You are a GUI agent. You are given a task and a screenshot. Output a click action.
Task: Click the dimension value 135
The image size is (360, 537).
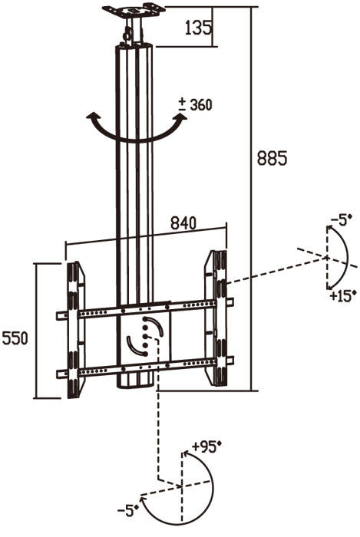click(196, 28)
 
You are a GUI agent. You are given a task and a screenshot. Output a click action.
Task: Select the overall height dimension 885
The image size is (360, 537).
click(272, 158)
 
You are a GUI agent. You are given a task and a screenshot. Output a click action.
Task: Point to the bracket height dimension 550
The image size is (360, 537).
click(15, 338)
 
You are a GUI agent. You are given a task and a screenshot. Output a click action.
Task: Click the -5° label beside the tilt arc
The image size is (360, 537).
click(339, 220)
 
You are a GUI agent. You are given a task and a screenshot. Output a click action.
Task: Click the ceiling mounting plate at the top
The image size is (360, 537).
click(134, 12)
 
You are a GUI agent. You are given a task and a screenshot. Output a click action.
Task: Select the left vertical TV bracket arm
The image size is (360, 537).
click(74, 330)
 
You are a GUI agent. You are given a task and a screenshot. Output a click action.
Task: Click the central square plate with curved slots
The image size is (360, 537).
click(144, 337)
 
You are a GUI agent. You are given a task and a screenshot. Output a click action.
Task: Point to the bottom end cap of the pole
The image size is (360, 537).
click(136, 383)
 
